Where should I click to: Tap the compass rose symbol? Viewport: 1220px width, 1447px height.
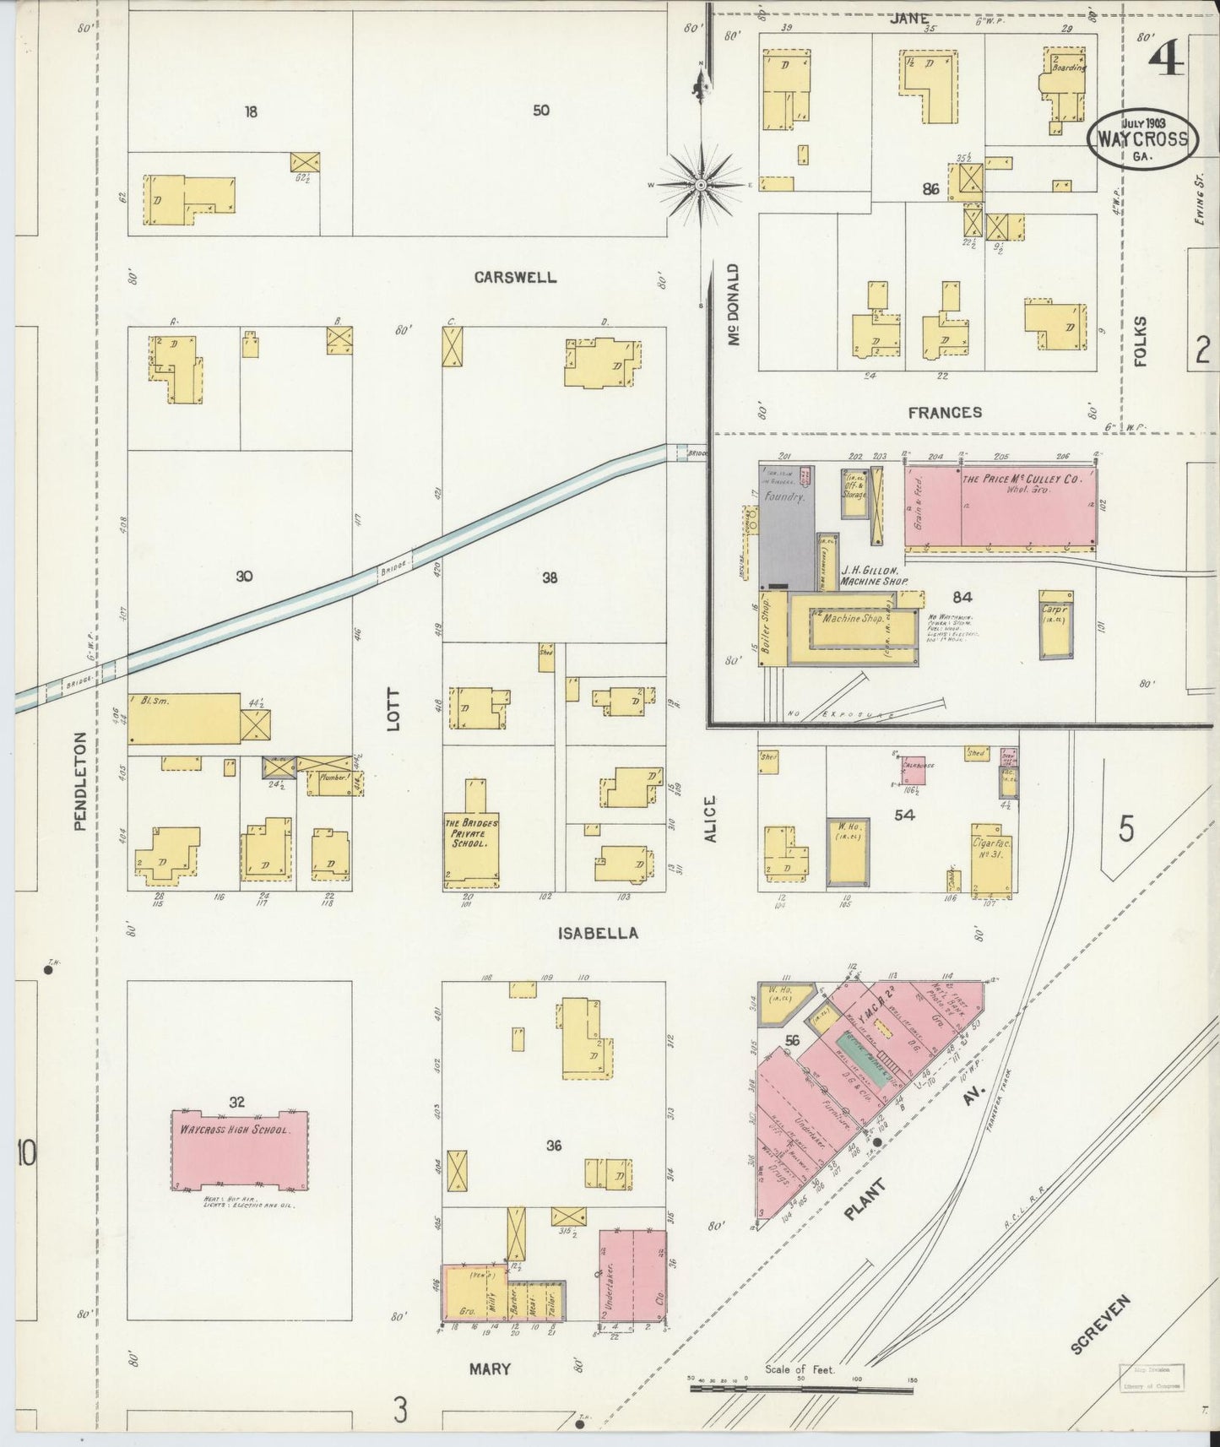pyautogui.click(x=701, y=184)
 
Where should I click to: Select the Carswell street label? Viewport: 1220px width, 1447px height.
pyautogui.click(x=515, y=278)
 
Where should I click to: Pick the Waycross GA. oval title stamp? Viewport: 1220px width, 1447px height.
pyautogui.click(x=1141, y=141)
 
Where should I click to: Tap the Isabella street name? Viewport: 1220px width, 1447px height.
pyautogui.click(x=598, y=934)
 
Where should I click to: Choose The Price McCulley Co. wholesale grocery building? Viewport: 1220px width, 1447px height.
pyautogui.click(x=1022, y=507)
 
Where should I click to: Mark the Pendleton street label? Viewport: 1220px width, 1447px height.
pyautogui.click(x=81, y=781)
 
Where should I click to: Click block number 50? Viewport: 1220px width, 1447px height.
pyautogui.click(x=541, y=110)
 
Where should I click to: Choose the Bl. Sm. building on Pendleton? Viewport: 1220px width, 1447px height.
pyautogui.click(x=184, y=719)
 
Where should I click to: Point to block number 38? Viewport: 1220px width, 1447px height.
pyautogui.click(x=550, y=578)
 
